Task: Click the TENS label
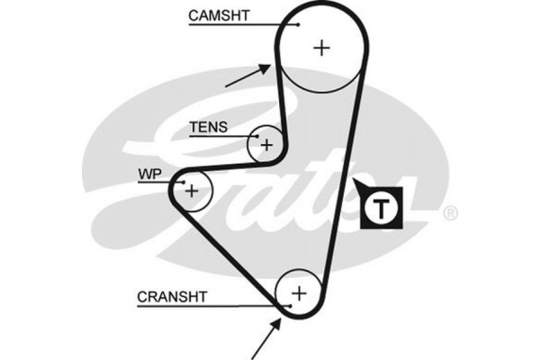208,127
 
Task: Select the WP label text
148,173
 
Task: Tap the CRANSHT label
172,295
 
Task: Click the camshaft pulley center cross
320,48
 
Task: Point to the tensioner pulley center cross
266,144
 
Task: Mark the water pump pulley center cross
191,190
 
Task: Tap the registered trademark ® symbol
451,213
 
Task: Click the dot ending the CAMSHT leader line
274,24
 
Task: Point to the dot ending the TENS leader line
253,137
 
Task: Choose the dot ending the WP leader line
175,183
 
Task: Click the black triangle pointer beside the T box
360,190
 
